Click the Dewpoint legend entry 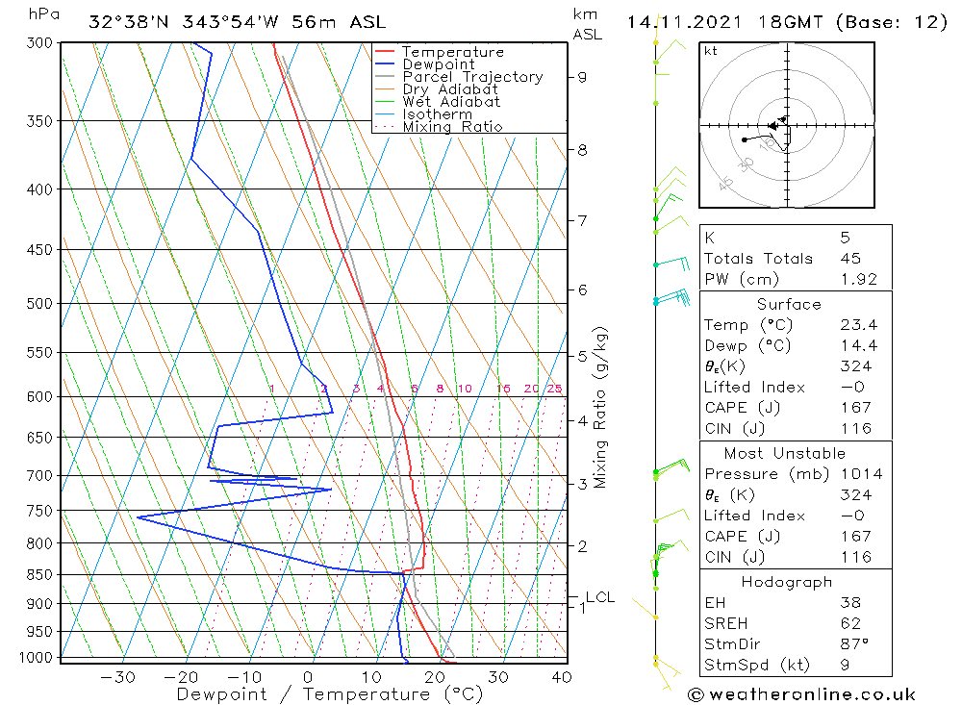click(x=438, y=64)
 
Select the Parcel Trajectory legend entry click(x=472, y=77)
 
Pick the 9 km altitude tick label click(x=582, y=77)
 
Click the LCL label click(x=599, y=597)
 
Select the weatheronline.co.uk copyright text click(x=800, y=694)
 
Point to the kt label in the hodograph click(x=711, y=51)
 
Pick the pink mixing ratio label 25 click(x=554, y=389)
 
